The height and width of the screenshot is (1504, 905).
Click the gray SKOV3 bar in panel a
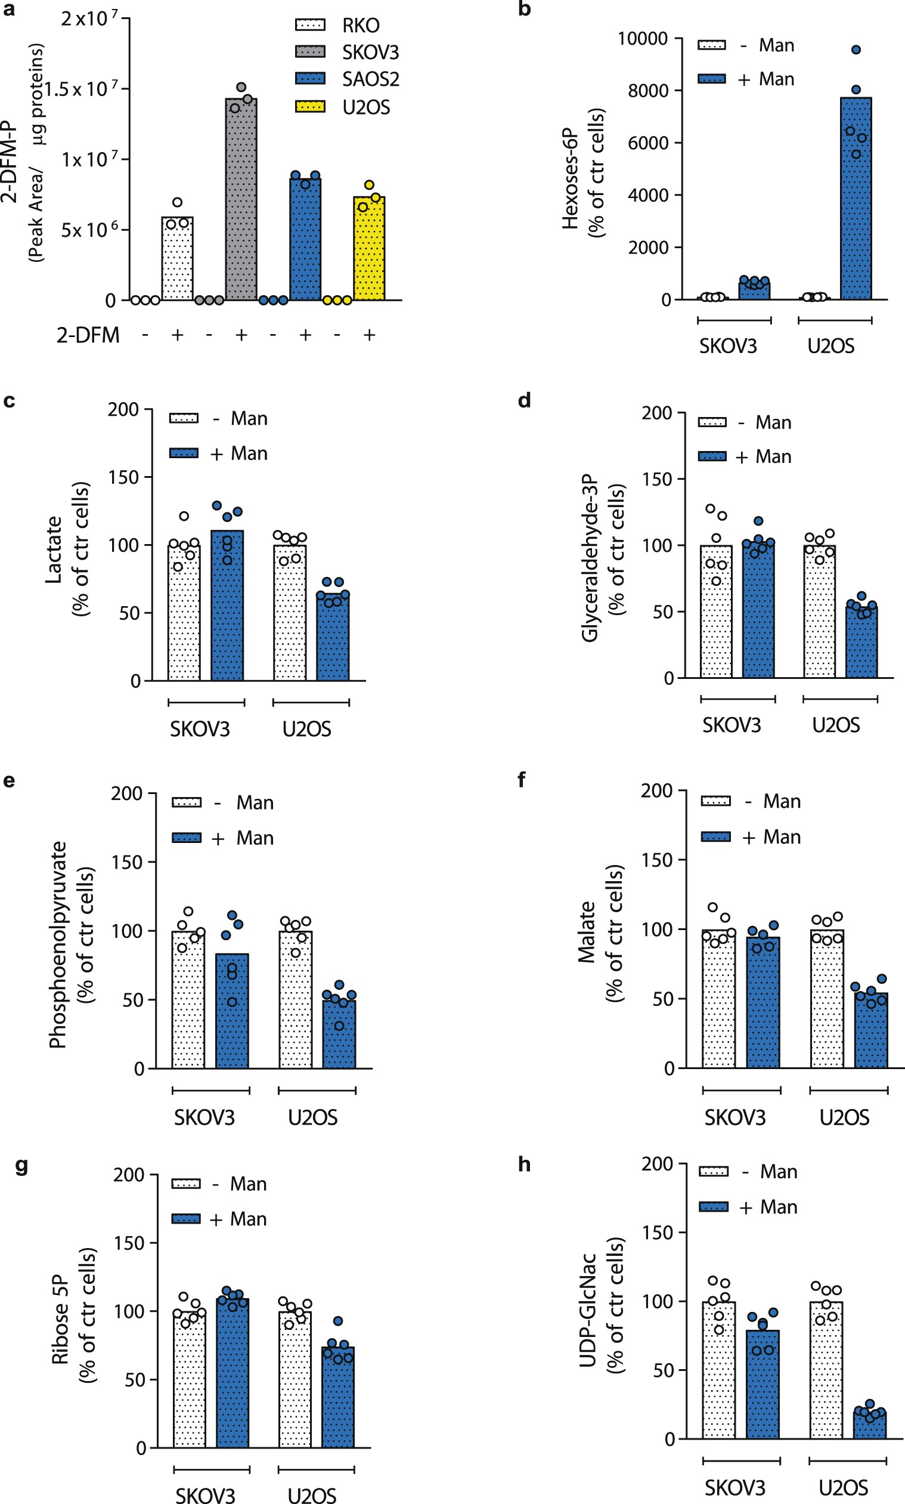pyautogui.click(x=241, y=201)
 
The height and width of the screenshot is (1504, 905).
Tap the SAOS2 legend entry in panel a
pyautogui.click(x=348, y=79)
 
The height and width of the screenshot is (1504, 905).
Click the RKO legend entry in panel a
pyautogui.click(x=339, y=25)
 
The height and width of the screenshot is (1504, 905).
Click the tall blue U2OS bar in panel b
pyautogui.click(x=855, y=201)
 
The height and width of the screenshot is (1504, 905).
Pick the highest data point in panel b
pyautogui.click(x=856, y=50)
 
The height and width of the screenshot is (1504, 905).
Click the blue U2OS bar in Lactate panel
pyautogui.click(x=333, y=638)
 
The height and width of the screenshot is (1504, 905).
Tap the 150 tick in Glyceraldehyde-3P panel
pyautogui.click(x=657, y=480)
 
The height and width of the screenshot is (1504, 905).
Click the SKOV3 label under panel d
pyautogui.click(x=731, y=725)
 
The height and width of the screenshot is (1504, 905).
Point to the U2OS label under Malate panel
pyautogui.click(x=844, y=1117)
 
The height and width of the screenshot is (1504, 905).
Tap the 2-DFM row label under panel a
pyautogui.click(x=88, y=335)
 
